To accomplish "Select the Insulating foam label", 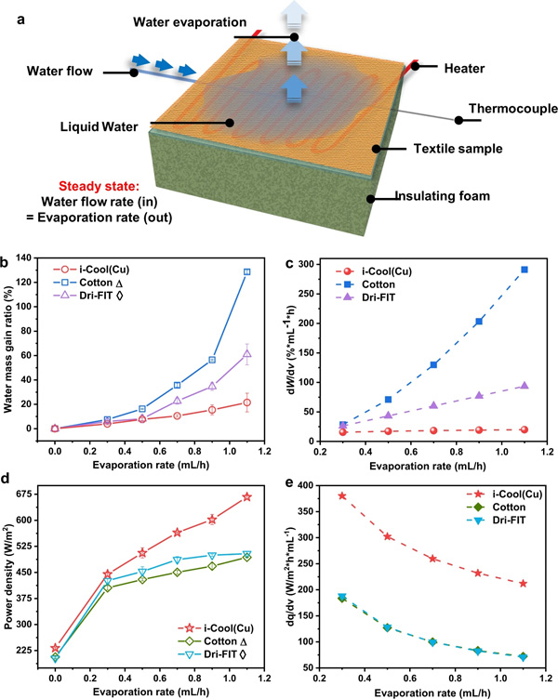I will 440,197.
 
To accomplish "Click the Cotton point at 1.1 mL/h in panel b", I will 247,271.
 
